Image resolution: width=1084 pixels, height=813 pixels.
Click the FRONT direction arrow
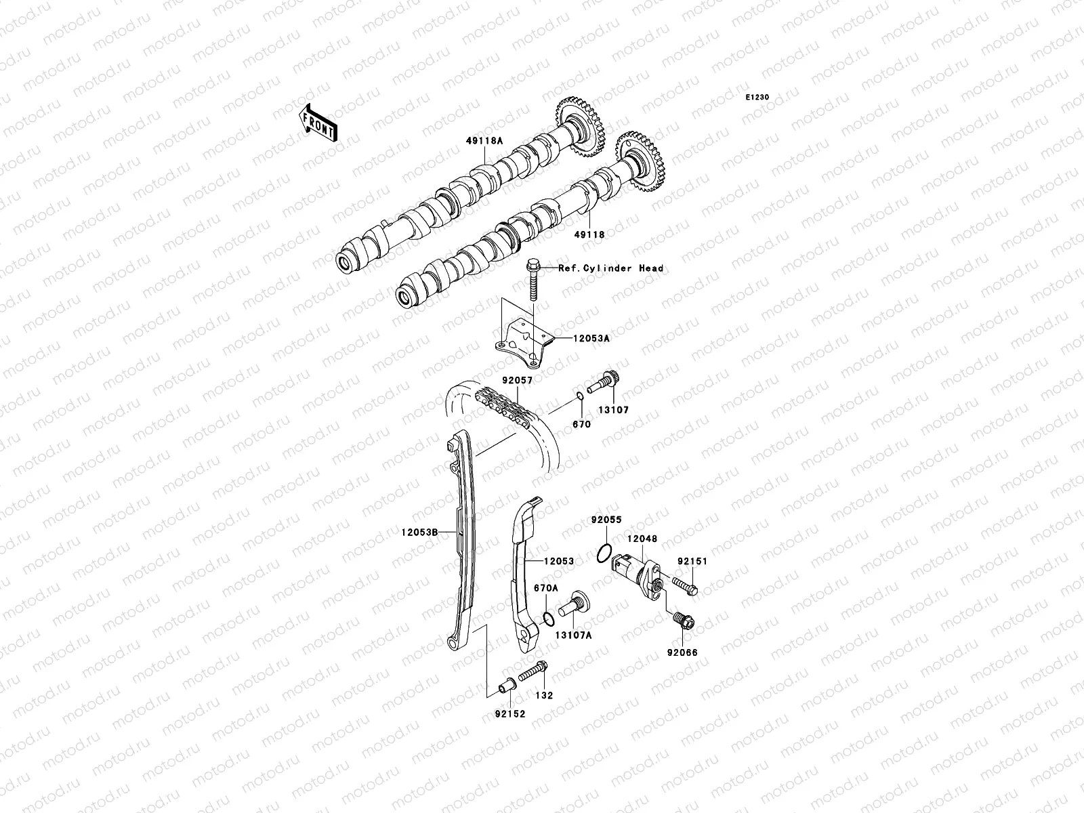(319, 123)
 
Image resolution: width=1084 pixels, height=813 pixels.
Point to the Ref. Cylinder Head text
(610, 268)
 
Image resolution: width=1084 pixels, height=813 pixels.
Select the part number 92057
(517, 381)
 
